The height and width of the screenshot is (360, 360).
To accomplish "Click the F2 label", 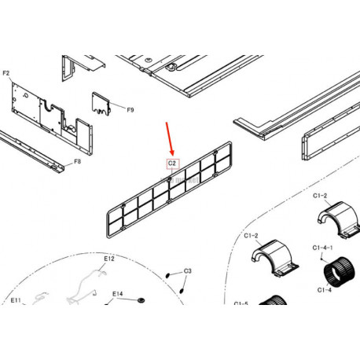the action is click(6, 73).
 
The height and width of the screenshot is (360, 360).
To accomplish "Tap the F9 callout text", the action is click(130, 110).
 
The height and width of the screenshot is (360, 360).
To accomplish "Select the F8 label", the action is click(78, 161).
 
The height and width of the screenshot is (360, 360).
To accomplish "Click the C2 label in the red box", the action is click(172, 163).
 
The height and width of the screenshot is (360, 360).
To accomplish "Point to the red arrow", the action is click(170, 139).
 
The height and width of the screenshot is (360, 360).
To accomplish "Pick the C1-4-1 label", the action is click(322, 248).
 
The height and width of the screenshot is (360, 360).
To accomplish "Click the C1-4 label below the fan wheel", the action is click(325, 290).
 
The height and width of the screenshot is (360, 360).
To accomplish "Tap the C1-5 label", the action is click(241, 303).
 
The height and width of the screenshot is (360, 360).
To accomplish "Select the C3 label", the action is click(188, 271).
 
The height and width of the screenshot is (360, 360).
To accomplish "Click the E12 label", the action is click(109, 259).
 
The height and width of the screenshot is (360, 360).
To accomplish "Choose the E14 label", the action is click(117, 294).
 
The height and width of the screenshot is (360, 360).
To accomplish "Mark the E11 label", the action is click(16, 300).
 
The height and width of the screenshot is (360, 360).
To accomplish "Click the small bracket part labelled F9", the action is click(101, 104).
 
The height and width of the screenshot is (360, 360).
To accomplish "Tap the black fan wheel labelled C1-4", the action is click(340, 270).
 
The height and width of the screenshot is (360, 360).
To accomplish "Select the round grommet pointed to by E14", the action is click(141, 299).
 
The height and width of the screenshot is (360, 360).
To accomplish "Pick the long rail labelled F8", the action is click(31, 152).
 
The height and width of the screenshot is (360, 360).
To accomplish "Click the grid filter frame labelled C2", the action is click(169, 189).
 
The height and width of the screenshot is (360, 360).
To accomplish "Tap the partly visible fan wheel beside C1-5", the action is click(273, 300).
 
